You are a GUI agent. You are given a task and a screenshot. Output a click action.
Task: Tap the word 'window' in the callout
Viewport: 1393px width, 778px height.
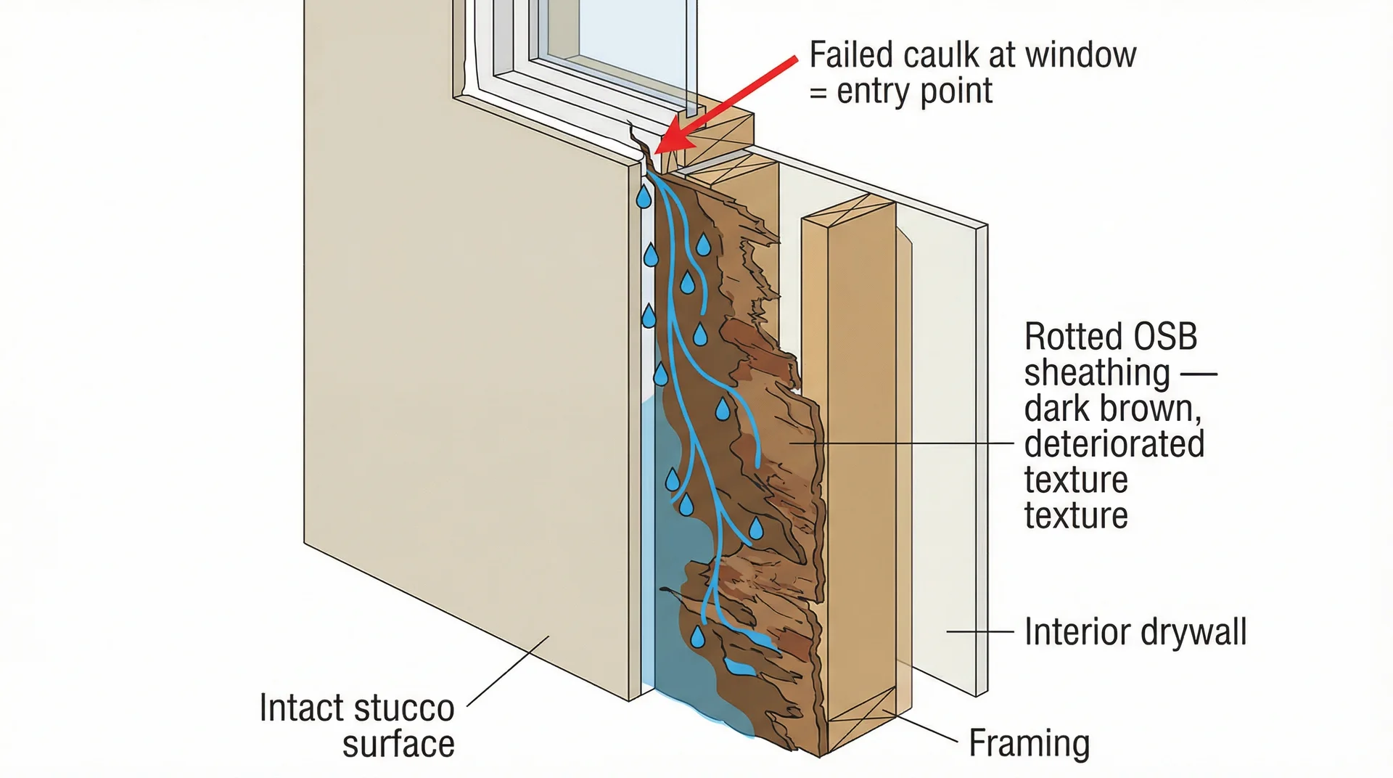[1080, 55]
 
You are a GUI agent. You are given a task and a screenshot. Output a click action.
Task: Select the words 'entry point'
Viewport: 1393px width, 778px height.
[915, 91]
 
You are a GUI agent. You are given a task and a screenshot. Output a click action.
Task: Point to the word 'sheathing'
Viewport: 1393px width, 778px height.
[1096, 373]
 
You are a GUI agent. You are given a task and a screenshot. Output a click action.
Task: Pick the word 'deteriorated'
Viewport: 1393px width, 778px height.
[1114, 444]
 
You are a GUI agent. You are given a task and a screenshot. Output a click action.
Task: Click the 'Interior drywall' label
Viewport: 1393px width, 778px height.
[1135, 632]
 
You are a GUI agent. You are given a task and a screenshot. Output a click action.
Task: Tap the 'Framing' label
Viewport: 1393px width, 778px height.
[1029, 743]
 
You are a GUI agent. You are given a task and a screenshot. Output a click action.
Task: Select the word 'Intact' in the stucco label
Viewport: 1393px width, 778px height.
[301, 708]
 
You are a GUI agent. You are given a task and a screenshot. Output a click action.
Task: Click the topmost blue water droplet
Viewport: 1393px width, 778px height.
[644, 197]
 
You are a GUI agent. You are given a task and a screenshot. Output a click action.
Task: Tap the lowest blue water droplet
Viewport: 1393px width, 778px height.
[697, 636]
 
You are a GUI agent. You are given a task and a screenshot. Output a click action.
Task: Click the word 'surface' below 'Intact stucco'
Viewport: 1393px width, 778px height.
[398, 745]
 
